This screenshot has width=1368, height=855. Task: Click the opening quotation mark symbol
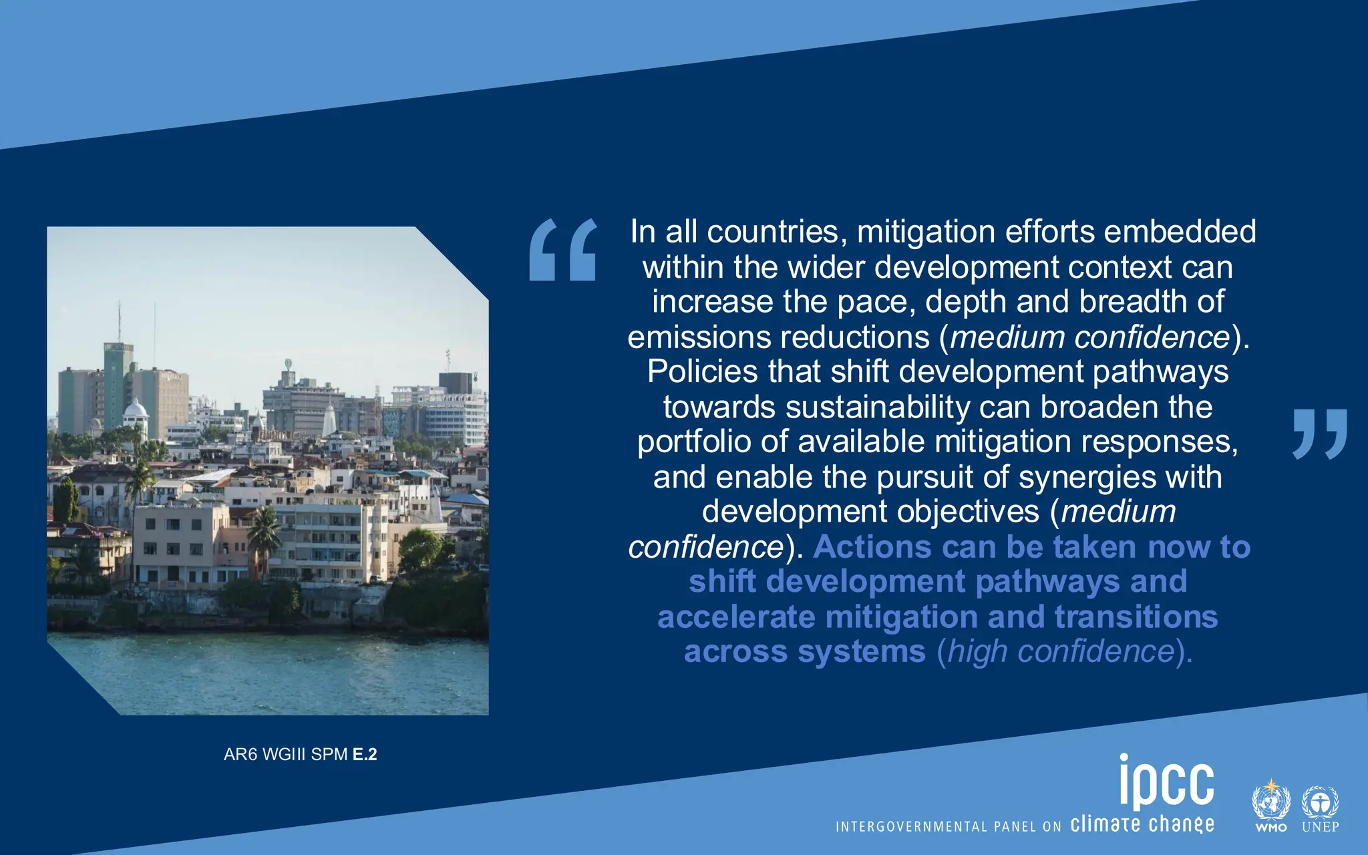pyautogui.click(x=562, y=250)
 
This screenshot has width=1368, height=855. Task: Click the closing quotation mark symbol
pyautogui.click(x=1319, y=434)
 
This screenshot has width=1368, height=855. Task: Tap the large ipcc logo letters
pyautogui.click(x=1166, y=782)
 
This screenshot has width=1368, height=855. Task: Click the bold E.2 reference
pyautogui.click(x=365, y=755)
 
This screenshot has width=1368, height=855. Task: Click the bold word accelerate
pyautogui.click(x=736, y=617)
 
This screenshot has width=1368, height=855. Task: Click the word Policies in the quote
pyautogui.click(x=702, y=372)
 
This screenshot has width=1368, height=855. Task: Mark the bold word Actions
pyautogui.click(x=871, y=548)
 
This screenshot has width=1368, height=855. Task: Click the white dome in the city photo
pyautogui.click(x=136, y=408)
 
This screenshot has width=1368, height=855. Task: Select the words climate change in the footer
pyautogui.click(x=1142, y=824)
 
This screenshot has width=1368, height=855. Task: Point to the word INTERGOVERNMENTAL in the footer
pyautogui.click(x=911, y=827)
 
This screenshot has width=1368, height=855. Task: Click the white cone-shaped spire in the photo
pyautogui.click(x=329, y=421)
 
